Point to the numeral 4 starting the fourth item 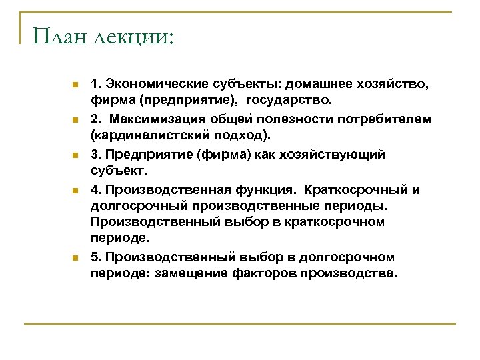(x=95, y=189)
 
